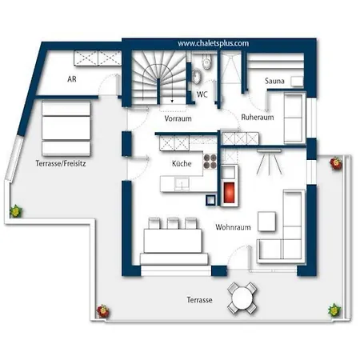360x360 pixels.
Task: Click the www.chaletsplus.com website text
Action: click(213, 43)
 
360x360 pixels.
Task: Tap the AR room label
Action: click(72, 79)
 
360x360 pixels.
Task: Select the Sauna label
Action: click(274, 81)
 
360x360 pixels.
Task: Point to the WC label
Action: click(202, 94)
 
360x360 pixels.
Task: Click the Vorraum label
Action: click(178, 118)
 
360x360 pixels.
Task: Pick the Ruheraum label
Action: click(258, 118)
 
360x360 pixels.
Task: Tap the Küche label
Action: click(182, 163)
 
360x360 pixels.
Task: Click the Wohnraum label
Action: click(233, 227)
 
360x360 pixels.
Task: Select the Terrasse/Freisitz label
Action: click(61, 163)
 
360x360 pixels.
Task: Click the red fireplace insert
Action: click(229, 190)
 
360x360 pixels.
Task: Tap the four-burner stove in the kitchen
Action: click(210, 162)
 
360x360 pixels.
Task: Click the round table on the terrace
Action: click(242, 298)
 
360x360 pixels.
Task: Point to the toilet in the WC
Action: click(206, 62)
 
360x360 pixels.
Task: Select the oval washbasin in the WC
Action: click(197, 76)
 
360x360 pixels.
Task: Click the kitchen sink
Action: click(182, 183)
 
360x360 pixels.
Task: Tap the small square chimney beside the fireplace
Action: click(210, 200)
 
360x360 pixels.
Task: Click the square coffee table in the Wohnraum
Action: click(266, 222)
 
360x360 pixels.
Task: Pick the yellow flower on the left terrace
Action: click(16, 211)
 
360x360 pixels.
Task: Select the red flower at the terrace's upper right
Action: click(336, 162)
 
